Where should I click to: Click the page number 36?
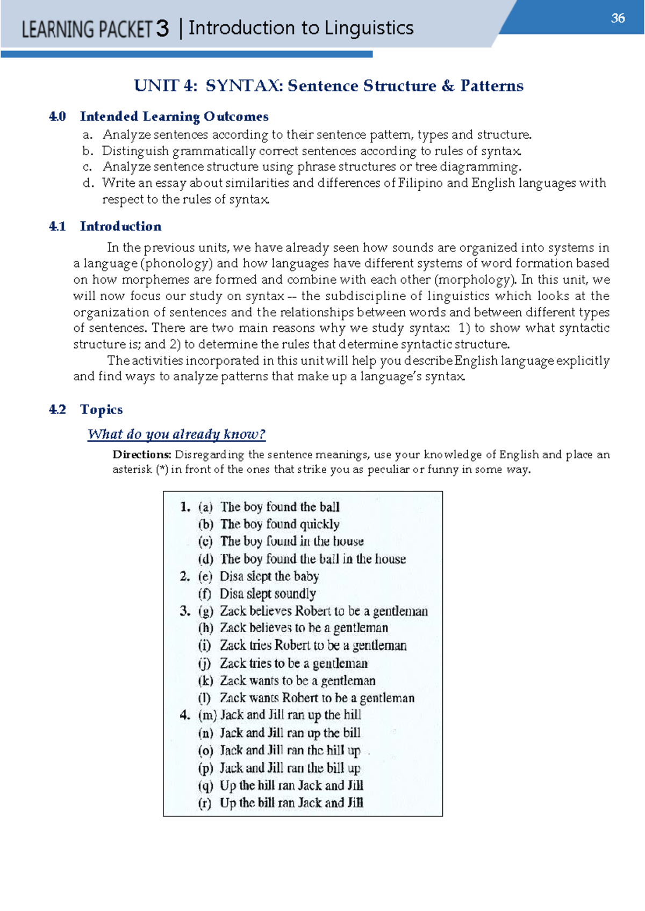pos(618,18)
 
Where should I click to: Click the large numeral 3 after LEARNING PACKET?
pos(162,28)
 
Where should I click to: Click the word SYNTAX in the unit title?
pos(244,86)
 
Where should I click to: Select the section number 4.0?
pos(57,117)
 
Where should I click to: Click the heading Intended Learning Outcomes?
pos(174,117)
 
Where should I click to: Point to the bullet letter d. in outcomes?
pos(89,183)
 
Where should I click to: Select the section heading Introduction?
pos(120,226)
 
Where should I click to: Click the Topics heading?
pos(101,409)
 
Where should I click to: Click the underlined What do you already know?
pos(176,434)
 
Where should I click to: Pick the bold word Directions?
pos(141,455)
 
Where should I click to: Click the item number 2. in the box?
pos(185,576)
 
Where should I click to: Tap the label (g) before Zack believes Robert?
pos(205,611)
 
